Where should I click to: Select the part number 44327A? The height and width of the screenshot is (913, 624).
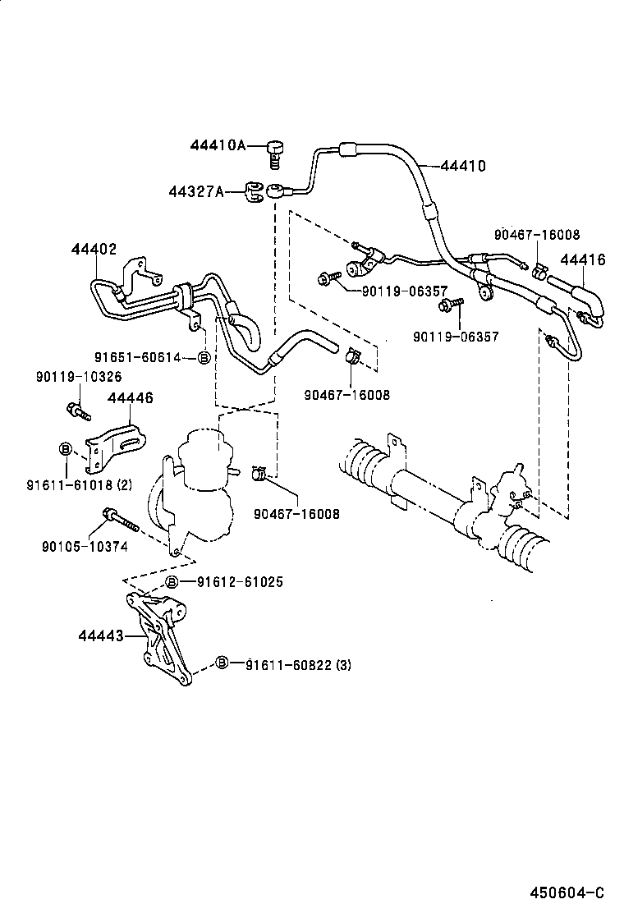[x=196, y=191]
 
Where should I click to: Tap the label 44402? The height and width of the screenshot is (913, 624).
[x=94, y=249]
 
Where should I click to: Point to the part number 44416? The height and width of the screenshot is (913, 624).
[x=583, y=260]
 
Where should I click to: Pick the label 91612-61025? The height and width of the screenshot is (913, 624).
[x=240, y=582]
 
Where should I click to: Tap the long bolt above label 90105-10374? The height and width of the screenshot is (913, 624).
[x=119, y=521]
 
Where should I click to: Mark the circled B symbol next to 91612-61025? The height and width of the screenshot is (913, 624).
[x=172, y=582]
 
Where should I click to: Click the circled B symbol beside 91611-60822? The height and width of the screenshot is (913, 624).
[x=223, y=663]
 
